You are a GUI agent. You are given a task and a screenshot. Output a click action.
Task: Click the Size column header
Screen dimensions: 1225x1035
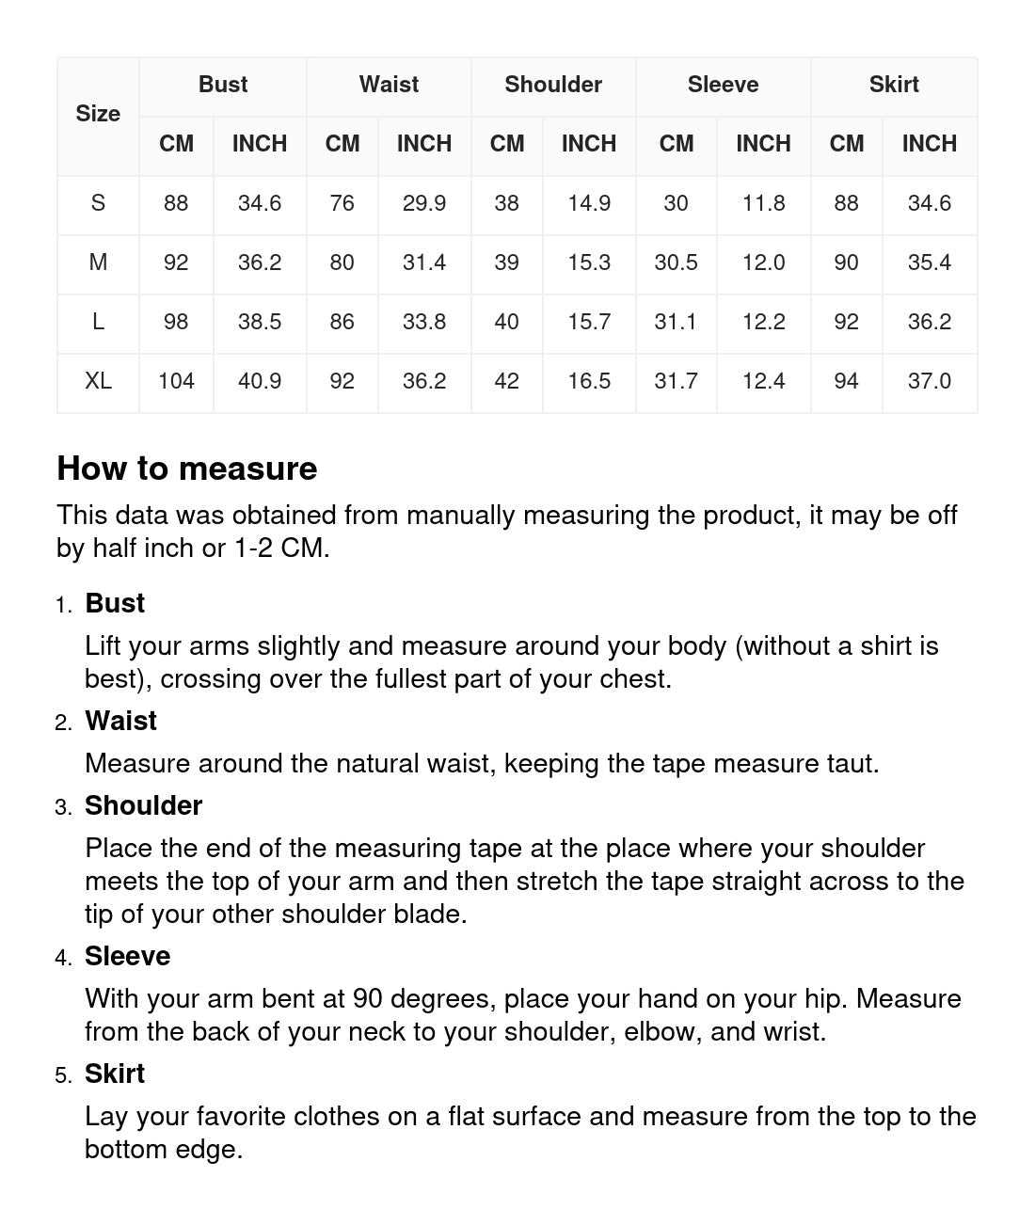pyautogui.click(x=98, y=114)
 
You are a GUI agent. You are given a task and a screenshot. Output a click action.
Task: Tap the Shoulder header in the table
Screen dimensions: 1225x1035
pyautogui.click(x=553, y=85)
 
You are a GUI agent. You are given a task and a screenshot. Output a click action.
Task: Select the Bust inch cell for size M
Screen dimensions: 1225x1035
pyautogui.click(x=260, y=262)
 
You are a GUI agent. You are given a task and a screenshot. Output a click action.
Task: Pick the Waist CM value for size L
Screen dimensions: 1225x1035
pyautogui.click(x=342, y=322)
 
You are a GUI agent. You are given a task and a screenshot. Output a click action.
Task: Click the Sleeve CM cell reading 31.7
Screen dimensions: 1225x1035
pyautogui.click(x=676, y=381)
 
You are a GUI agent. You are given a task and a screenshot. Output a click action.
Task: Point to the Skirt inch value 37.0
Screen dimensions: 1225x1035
pyautogui.click(x=929, y=381)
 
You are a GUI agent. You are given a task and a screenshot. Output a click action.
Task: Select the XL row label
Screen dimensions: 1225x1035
pyautogui.click(x=98, y=381)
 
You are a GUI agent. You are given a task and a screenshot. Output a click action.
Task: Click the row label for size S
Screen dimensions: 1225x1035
pyautogui.click(x=98, y=203)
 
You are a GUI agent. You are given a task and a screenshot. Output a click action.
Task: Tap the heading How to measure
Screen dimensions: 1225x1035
pyautogui.click(x=187, y=469)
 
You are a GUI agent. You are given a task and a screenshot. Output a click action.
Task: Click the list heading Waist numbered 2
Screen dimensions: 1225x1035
pyautogui.click(x=120, y=721)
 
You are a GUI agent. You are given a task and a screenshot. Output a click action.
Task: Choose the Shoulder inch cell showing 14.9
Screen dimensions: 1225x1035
pyautogui.click(x=589, y=203)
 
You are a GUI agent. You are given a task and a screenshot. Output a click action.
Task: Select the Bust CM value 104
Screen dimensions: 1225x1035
pyautogui.click(x=176, y=381)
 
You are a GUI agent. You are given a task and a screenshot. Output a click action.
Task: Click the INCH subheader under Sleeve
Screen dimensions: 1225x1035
pyautogui.click(x=763, y=144)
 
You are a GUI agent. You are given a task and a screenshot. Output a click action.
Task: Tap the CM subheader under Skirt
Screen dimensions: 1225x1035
pyautogui.click(x=846, y=144)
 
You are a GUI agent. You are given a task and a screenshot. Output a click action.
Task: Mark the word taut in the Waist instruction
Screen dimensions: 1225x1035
pyautogui.click(x=851, y=763)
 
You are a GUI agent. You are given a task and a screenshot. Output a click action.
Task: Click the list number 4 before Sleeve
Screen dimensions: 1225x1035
pyautogui.click(x=62, y=958)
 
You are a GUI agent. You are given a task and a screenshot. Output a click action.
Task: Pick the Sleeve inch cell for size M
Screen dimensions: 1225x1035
pyautogui.click(x=763, y=262)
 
